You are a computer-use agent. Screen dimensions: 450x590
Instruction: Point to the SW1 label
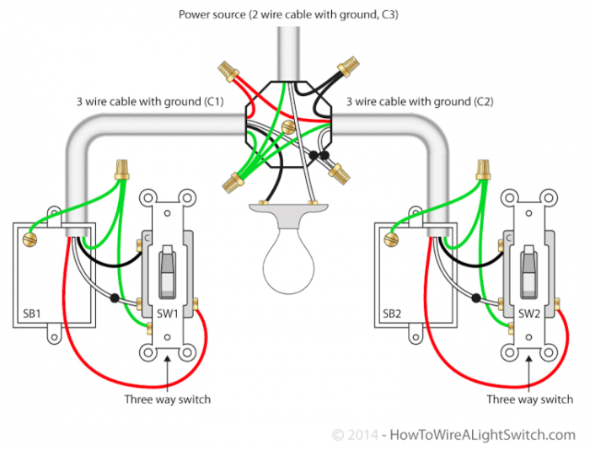click(x=166, y=313)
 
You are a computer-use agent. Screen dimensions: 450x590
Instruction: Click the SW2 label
click(x=529, y=313)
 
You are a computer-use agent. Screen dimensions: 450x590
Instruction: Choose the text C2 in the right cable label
click(x=482, y=102)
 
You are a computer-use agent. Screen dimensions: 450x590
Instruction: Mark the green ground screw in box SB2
click(x=390, y=239)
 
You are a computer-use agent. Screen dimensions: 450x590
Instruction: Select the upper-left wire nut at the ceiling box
click(x=227, y=68)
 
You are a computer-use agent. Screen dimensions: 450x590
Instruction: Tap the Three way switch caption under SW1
click(x=167, y=399)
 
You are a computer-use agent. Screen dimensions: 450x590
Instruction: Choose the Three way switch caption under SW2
click(x=529, y=399)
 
